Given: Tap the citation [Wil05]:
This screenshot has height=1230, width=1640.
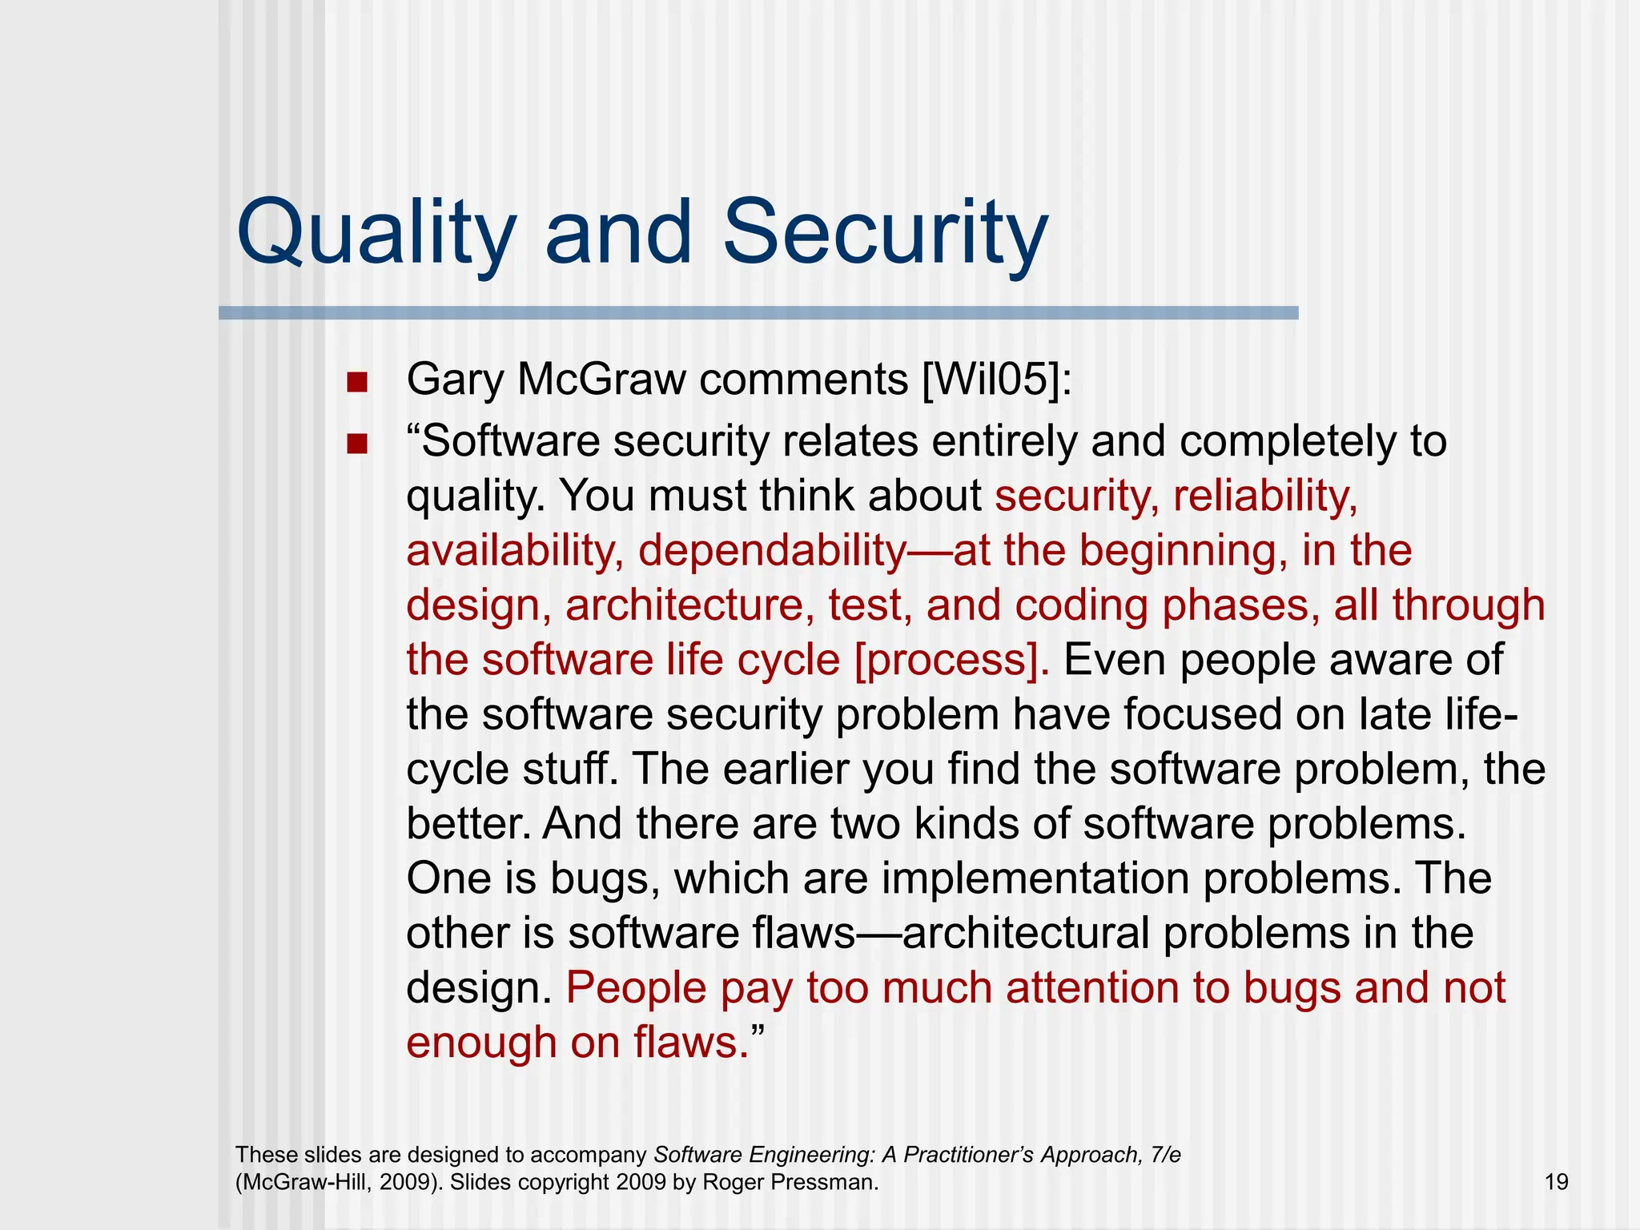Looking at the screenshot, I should (996, 380).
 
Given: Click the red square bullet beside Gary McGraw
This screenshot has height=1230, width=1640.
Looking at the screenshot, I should (357, 382).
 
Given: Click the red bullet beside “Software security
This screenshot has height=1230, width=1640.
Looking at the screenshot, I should (357, 444).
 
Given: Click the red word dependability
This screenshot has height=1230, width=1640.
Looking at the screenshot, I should (772, 551).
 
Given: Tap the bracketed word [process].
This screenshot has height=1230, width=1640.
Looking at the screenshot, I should (951, 661).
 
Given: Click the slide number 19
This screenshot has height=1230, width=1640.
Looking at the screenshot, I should (1556, 1182).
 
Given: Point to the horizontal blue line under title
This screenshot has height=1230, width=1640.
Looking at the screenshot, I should (758, 313).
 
